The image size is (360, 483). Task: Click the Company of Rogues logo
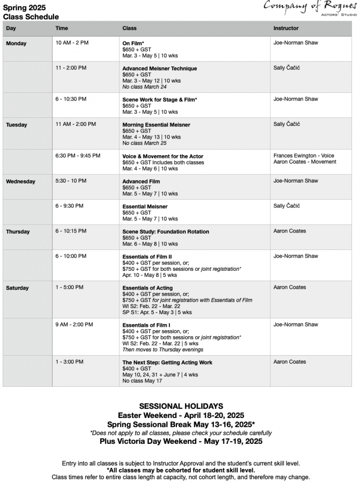click(310, 8)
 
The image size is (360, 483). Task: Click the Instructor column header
click(286, 28)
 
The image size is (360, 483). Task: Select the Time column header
click(62, 28)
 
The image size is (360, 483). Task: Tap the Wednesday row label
click(20, 182)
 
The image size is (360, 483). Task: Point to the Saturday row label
click(17, 288)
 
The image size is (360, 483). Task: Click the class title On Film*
click(133, 43)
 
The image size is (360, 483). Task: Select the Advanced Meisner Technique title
click(159, 68)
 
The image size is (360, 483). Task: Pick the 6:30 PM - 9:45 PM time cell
click(78, 156)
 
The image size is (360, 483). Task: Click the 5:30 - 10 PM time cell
click(70, 181)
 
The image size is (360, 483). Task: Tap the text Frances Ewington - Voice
click(304, 156)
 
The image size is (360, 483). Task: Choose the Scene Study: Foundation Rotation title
click(166, 232)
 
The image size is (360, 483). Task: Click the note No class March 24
click(144, 87)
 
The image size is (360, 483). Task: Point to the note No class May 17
click(142, 381)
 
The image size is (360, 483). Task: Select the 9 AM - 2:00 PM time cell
click(74, 325)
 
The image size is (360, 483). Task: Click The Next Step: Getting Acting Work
click(167, 363)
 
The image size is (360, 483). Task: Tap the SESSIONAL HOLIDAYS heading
click(181, 406)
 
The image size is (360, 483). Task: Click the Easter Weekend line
click(181, 416)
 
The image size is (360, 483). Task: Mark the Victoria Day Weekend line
click(181, 442)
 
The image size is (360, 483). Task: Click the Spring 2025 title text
click(22, 8)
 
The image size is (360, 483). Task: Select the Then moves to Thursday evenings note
click(163, 350)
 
